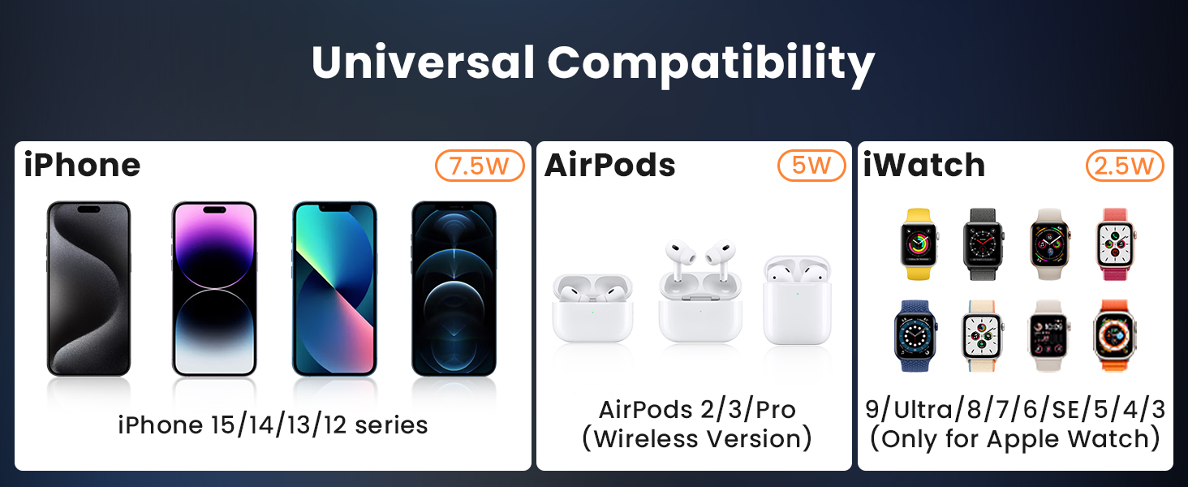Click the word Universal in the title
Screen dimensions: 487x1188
tap(422, 62)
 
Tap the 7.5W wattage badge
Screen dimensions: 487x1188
tap(480, 166)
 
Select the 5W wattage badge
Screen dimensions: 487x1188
tap(811, 166)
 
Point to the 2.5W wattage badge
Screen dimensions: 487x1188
tap(1124, 166)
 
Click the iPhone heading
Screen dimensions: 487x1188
tap(82, 165)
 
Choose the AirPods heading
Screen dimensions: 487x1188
tap(609, 165)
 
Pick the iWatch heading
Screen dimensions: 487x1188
tap(924, 165)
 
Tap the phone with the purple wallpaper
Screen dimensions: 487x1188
tap(214, 289)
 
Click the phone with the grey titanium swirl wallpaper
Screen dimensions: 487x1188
tap(88, 289)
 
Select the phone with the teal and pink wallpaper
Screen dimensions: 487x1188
tap(334, 289)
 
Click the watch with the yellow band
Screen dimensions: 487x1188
tap(919, 243)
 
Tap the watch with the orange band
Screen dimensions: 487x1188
tap(1115, 334)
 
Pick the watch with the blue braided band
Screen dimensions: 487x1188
tap(915, 334)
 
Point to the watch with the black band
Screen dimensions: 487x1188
tap(984, 243)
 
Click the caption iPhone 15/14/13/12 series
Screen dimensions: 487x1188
tap(273, 425)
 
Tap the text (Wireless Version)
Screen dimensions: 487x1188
tap(697, 439)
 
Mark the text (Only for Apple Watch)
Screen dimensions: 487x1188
tap(1014, 439)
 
